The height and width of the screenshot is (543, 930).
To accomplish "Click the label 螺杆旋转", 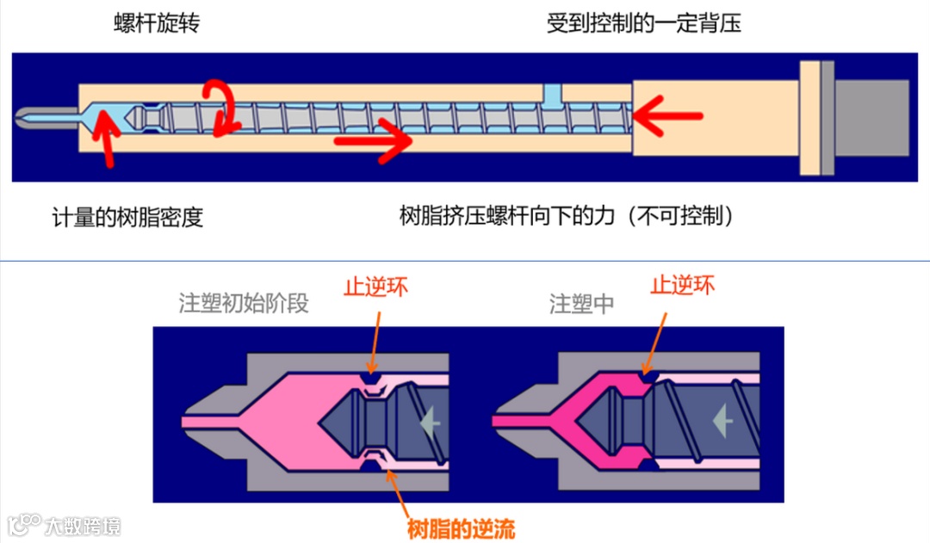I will pos(157,23).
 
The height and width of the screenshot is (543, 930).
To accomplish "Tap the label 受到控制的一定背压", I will pos(643,23).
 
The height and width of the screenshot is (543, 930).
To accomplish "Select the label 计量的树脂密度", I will pos(127,216).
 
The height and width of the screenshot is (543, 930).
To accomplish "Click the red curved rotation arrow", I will pos(221,108).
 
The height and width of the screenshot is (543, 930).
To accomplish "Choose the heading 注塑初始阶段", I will pos(243,304).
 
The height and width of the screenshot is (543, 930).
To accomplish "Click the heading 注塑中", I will pos(581,304).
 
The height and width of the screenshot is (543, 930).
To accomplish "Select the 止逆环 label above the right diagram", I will pos(682,285).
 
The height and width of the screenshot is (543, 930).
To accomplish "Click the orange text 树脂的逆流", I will pos(461,528).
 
